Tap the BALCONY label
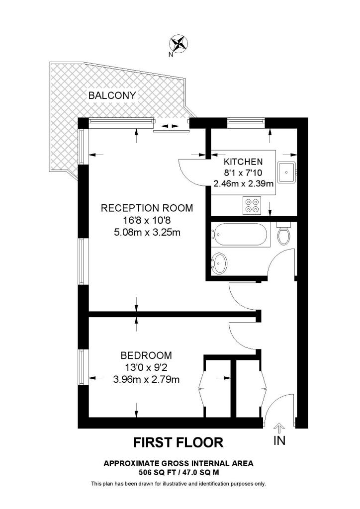coord(112,95)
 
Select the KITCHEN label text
coord(243,162)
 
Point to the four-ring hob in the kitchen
coord(252,205)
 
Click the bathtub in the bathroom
coord(241,235)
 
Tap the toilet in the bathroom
coord(284,234)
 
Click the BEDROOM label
coord(146,356)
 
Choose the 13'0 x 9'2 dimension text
coord(146,368)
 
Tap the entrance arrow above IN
coord(279,427)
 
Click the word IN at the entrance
coord(279,440)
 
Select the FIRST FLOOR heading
coord(178,442)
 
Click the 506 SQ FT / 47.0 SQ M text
coord(179,472)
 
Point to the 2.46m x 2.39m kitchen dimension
coord(244,183)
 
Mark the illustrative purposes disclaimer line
coord(179,484)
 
